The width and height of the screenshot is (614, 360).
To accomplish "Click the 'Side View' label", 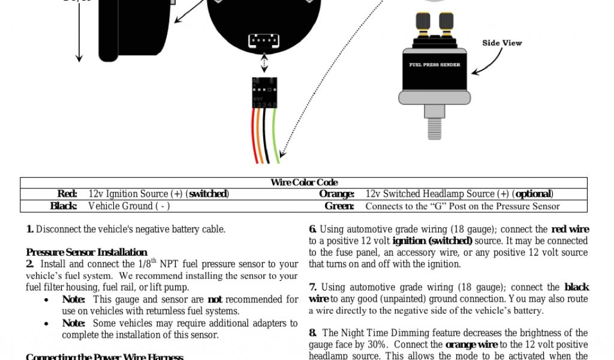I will coord(502,43).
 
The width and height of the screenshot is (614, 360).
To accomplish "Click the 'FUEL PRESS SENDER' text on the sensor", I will coord(435,65).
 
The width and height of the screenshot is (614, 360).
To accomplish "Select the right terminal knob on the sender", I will coord(446,22).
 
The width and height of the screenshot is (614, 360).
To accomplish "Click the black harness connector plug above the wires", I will coord(264,92).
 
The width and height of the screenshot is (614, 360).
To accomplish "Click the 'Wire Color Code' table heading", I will coord(304,182).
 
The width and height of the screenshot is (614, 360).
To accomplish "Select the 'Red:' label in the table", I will coord(67,194).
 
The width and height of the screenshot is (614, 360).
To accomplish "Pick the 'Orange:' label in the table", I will coord(336,194).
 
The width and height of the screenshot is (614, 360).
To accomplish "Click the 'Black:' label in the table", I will coord(64,206).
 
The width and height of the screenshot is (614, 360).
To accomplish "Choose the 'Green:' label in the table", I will coord(339,206).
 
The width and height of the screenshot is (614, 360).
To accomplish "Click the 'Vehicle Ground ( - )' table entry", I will coord(129,206).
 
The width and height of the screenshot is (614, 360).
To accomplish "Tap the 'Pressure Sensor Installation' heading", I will coord(86,252).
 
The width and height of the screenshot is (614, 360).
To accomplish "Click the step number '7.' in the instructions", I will coord(312,287).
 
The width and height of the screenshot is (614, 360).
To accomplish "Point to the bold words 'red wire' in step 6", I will coord(570,229).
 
